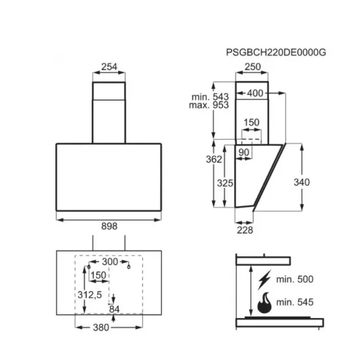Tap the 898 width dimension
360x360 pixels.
coord(110,226)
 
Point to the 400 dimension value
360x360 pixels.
coord(257,94)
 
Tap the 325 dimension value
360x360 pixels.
coord(225,184)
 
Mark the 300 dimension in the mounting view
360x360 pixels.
coord(109,262)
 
